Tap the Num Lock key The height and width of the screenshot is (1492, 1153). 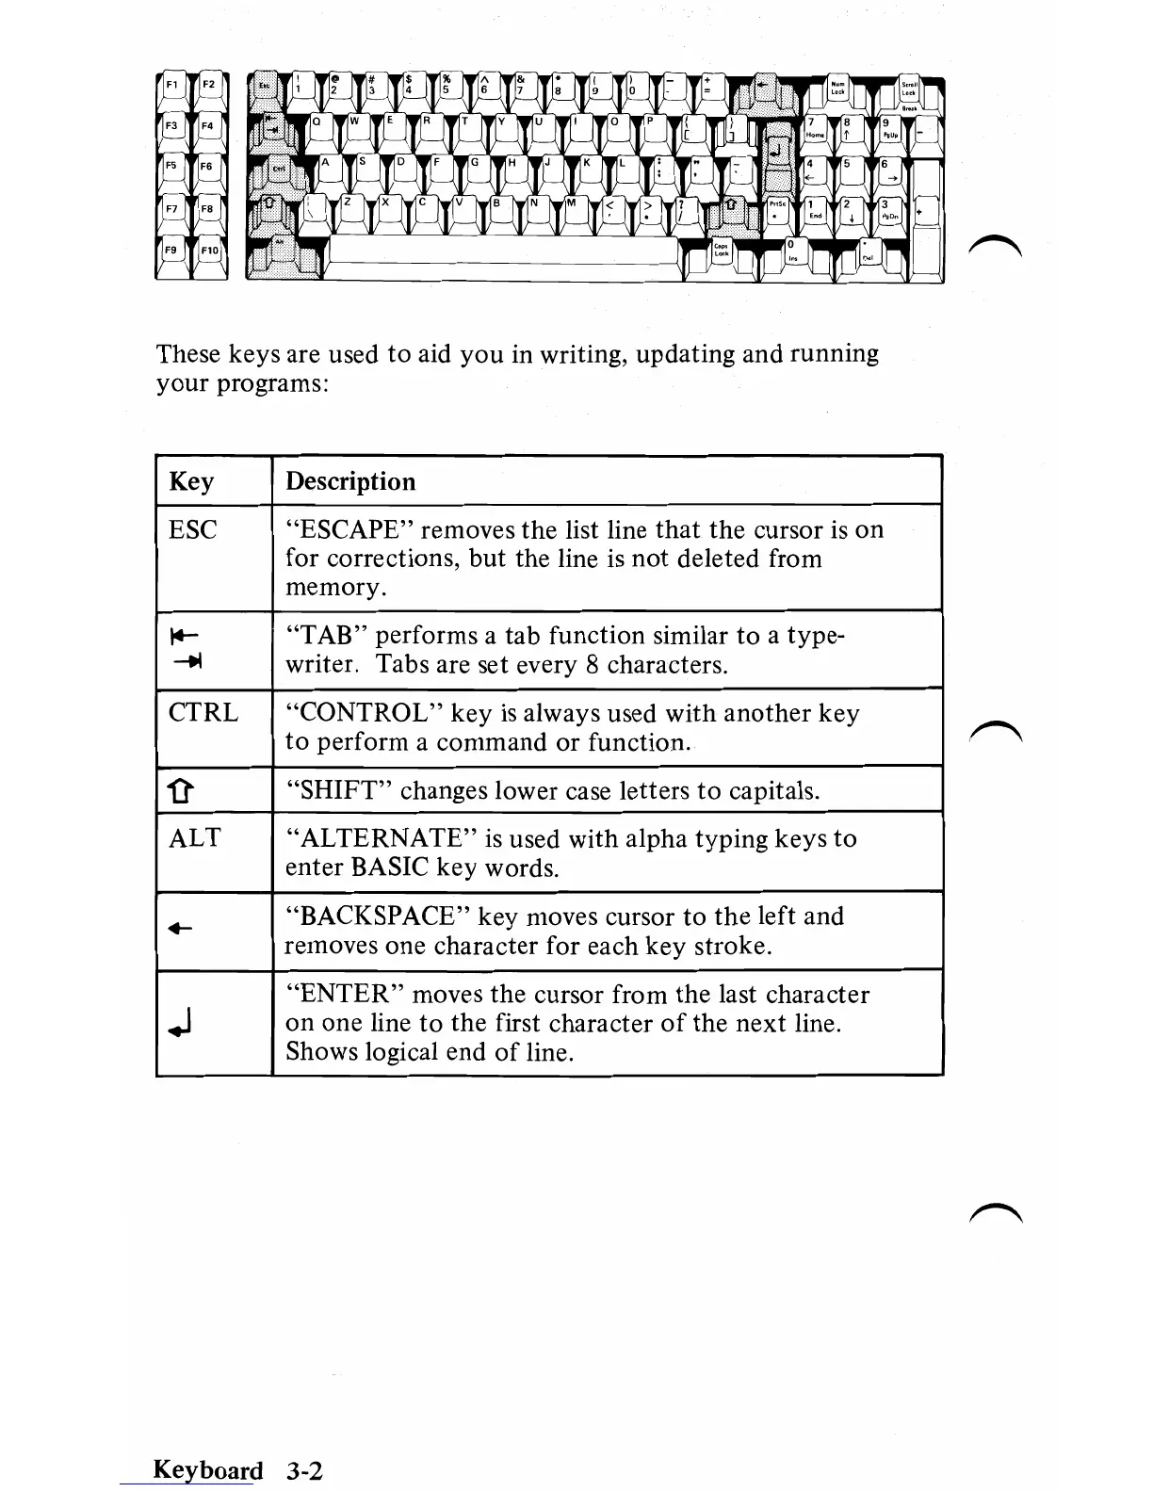pos(836,89)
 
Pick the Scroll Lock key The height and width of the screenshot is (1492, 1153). pos(909,89)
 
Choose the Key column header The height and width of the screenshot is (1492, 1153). pos(191,481)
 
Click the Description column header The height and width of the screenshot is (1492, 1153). pos(350,481)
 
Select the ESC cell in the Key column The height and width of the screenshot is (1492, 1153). pos(192,530)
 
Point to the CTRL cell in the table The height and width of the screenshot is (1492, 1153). pos(203,713)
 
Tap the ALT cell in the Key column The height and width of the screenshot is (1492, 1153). pos(194,838)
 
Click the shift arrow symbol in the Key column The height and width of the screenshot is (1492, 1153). pos(182,791)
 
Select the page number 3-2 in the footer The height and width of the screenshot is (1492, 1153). pos(304,1470)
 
